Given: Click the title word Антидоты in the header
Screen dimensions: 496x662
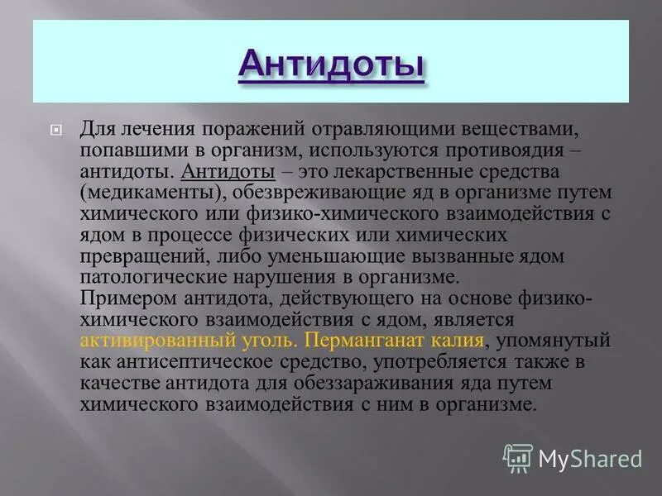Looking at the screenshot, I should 331,63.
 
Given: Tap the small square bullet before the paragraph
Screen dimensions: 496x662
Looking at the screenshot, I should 55,130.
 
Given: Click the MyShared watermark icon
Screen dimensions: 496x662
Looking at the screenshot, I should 518,457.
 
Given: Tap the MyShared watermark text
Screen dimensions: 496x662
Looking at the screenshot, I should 590,458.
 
